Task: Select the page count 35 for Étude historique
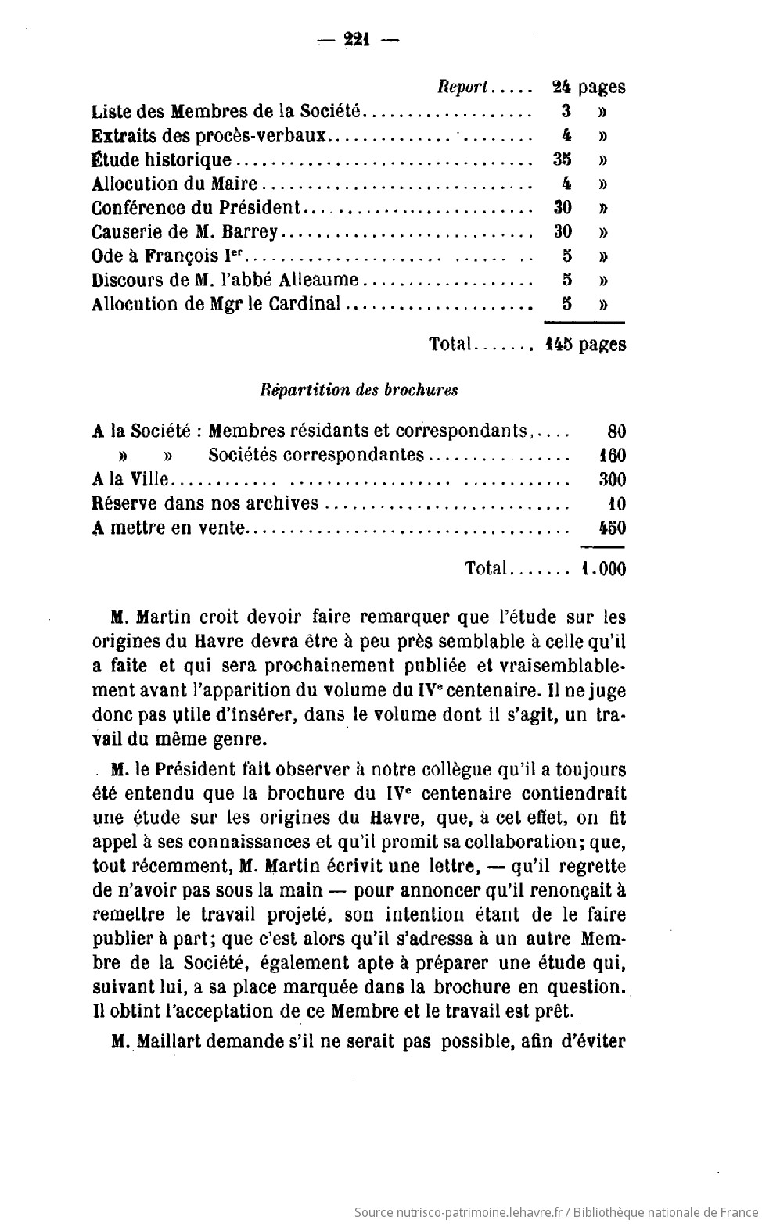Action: pos(562,159)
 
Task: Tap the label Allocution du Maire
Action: pos(174,184)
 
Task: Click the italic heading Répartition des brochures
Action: pos(359,390)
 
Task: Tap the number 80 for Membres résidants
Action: pos(616,431)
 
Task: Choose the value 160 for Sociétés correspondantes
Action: pos(612,456)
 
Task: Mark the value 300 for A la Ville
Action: pos(612,480)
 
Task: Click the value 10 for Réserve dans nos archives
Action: pos(616,504)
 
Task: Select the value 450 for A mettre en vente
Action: pos(612,528)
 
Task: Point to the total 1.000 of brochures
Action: pos(603,569)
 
